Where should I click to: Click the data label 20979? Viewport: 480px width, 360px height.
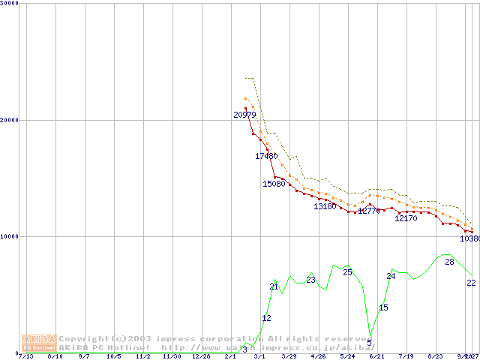[245, 115]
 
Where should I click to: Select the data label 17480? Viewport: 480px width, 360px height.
[266, 156]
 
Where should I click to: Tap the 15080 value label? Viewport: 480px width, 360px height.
[274, 184]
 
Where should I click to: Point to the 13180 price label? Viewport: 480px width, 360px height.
[325, 206]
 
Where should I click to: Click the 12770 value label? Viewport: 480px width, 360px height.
[369, 211]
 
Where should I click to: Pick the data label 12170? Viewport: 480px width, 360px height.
[406, 219]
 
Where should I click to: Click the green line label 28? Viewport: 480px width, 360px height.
[449, 262]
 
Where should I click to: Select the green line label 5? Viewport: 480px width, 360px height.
[370, 343]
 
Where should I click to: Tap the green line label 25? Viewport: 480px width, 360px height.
[347, 272]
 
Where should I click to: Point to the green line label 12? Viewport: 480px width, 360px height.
[266, 318]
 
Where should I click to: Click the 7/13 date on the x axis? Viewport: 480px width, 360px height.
[26, 357]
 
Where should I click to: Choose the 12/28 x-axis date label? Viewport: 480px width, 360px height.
[200, 357]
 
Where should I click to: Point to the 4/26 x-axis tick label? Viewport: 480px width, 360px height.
[318, 357]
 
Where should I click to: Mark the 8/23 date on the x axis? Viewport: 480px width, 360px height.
[435, 357]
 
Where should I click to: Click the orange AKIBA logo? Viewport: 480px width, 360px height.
[39, 342]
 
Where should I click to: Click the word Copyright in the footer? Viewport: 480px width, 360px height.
[84, 339]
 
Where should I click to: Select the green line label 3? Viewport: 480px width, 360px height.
[244, 349]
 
